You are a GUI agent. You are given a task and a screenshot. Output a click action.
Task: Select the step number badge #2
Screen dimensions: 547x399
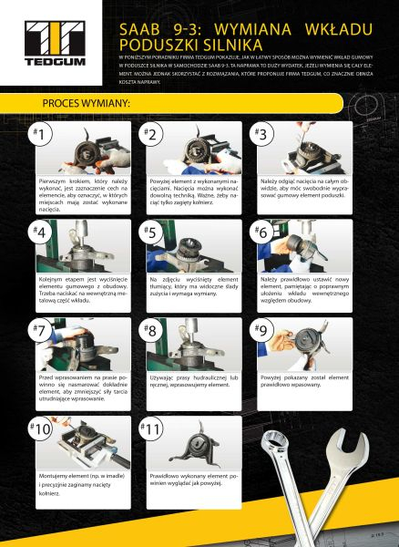click(152, 134)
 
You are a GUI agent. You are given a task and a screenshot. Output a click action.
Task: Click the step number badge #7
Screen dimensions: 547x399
click(42, 330)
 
